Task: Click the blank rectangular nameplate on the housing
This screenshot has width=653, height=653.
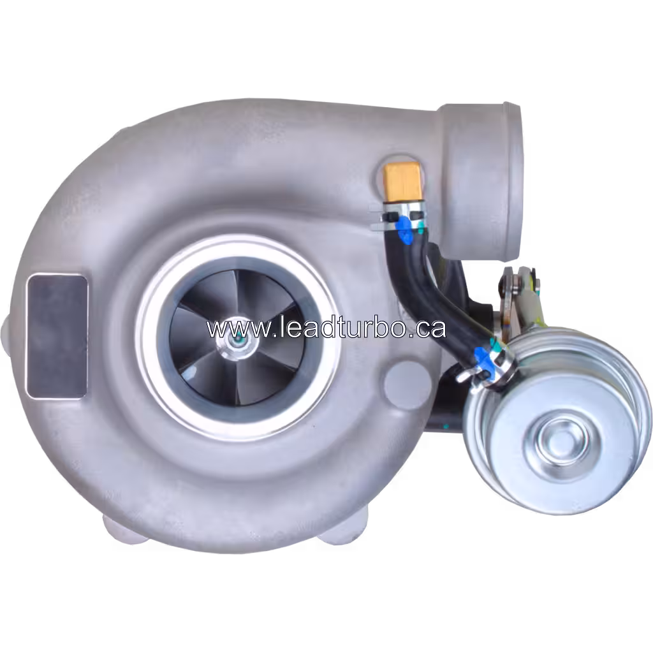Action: [x=57, y=335]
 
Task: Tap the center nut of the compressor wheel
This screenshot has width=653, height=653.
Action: [x=237, y=342]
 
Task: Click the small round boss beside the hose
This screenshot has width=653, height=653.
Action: [x=400, y=381]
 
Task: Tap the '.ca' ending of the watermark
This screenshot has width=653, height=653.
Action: [x=427, y=329]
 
